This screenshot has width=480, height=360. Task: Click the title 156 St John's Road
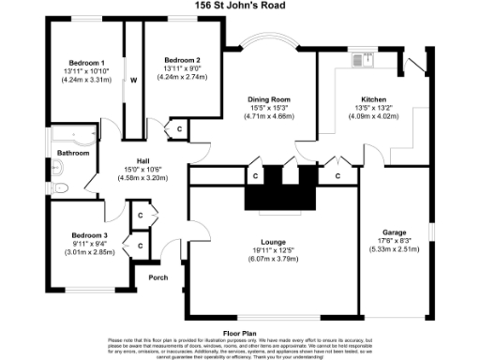coord(239,6)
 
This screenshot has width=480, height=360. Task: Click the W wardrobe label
coord(134,80)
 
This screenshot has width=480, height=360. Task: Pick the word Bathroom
coord(72,153)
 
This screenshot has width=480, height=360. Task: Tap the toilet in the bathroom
coord(61,187)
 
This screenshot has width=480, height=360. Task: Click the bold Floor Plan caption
coord(239,331)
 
